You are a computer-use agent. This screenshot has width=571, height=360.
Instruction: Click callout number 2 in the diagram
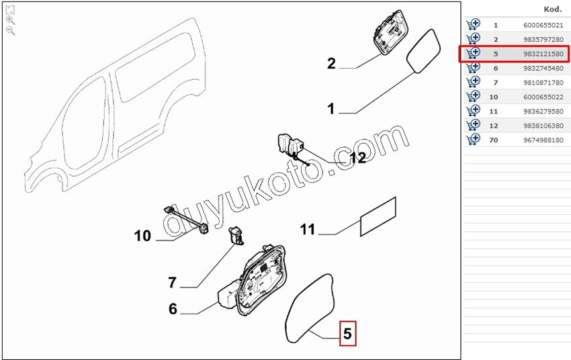(x=331, y=63)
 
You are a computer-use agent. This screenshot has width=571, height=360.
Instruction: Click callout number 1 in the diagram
(x=331, y=109)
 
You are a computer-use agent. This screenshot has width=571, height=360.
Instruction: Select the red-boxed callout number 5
(x=348, y=333)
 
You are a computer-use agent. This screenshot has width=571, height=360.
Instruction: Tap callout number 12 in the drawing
(x=357, y=158)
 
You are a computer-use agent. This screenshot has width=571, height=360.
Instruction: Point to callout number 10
(x=142, y=236)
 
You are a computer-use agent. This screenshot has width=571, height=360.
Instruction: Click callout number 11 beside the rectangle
(x=308, y=230)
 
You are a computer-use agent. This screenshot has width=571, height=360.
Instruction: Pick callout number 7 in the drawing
(x=172, y=283)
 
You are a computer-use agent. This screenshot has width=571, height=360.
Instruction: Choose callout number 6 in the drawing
(x=173, y=309)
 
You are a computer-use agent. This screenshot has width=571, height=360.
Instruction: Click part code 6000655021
(x=543, y=25)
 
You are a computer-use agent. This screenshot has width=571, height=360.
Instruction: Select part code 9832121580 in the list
(x=543, y=54)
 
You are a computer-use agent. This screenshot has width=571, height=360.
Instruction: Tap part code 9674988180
(x=543, y=140)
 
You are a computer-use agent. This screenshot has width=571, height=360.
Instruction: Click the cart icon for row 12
(x=473, y=125)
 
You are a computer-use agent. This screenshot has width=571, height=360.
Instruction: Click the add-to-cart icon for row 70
(x=473, y=139)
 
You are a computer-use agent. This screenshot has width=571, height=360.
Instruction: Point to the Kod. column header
(x=553, y=9)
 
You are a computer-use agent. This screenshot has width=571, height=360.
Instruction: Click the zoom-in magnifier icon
(x=11, y=20)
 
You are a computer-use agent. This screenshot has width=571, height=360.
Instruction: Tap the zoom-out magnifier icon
(x=11, y=31)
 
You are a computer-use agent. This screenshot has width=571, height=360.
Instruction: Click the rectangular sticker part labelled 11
(x=378, y=216)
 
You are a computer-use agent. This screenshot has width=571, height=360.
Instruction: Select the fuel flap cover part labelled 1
(x=423, y=51)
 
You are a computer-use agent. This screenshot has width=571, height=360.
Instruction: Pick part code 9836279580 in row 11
(x=543, y=111)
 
